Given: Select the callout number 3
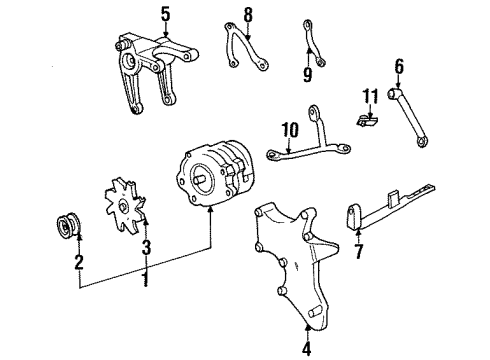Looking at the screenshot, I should pyautogui.click(x=145, y=247).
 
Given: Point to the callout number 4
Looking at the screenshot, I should pyautogui.click(x=306, y=349).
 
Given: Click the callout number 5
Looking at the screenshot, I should pyautogui.click(x=166, y=15).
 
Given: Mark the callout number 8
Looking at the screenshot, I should pyautogui.click(x=248, y=14).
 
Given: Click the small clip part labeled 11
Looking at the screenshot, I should pyautogui.click(x=367, y=120).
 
